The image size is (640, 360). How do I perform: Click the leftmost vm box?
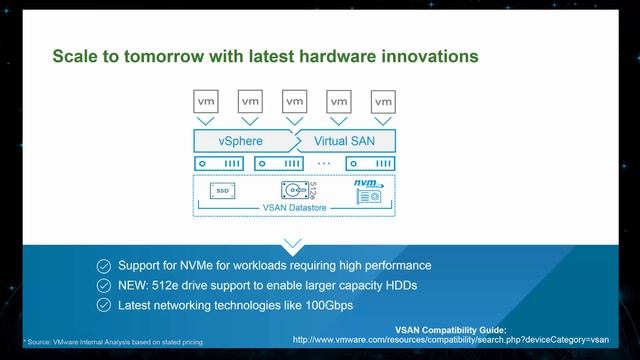point(205,101)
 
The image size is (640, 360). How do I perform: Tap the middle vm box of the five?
point(294,101)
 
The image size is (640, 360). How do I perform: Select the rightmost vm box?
point(383,101)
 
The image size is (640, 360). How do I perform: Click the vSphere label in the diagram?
point(240,141)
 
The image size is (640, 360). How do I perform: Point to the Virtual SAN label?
point(345,141)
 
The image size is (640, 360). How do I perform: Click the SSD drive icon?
point(222,190)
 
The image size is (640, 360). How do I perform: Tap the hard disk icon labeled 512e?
point(294,190)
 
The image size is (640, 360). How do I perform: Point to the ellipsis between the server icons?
point(324,162)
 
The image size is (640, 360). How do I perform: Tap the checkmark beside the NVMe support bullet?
point(104,266)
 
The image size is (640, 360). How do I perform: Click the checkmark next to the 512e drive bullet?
point(104,286)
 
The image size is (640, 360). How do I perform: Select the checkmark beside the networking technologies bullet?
point(104,305)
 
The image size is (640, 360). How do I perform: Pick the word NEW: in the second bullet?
point(138,286)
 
